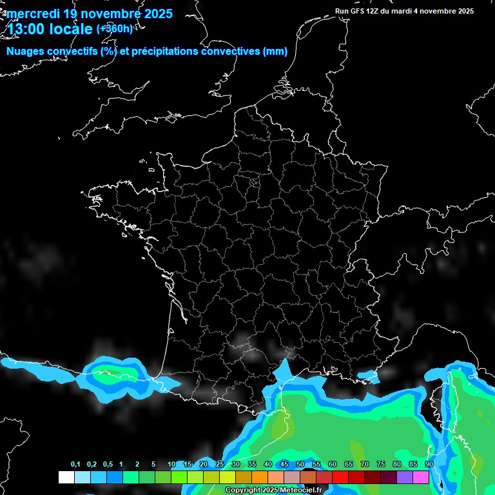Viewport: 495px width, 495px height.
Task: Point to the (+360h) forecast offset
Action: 114,28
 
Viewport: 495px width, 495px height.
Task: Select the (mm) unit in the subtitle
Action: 275,52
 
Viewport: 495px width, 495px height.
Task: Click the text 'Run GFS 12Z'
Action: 358,11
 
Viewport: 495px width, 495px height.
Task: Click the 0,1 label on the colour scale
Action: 75,465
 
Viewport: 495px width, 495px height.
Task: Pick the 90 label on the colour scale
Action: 429,465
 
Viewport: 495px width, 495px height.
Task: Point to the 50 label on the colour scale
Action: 300,465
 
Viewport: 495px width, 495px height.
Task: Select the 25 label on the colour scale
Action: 220,465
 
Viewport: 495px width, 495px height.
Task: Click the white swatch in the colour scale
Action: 66,477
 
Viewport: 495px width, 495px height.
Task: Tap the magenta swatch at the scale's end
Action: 421,477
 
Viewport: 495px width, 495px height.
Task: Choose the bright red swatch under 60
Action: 340,477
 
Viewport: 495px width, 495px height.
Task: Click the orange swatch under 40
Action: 260,477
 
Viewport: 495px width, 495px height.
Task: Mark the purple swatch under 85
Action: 405,477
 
